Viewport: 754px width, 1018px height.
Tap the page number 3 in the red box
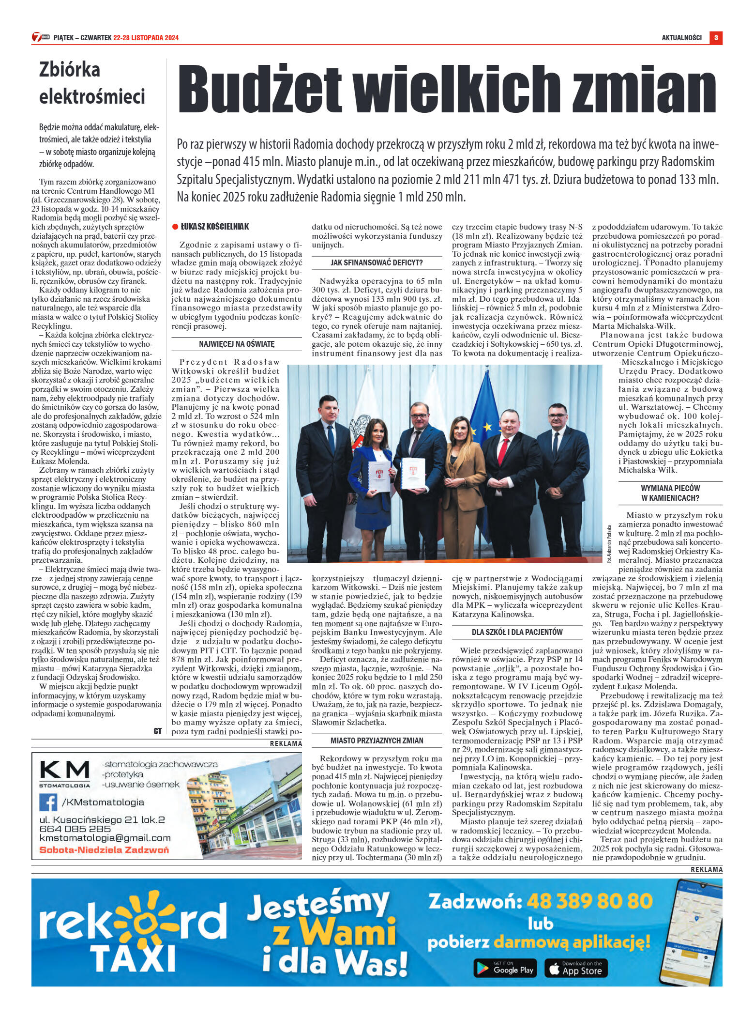click(x=716, y=37)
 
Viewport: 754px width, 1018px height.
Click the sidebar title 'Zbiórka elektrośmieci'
click(x=92, y=83)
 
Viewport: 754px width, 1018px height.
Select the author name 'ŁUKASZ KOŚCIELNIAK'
click(x=215, y=227)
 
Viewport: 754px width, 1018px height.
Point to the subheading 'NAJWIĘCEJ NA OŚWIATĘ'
click(x=237, y=344)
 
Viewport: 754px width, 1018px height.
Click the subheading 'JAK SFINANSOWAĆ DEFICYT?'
click(x=377, y=262)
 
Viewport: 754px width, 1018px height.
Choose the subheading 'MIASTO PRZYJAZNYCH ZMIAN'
click(x=377, y=740)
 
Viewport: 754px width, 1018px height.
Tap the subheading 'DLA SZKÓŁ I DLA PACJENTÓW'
click(x=517, y=632)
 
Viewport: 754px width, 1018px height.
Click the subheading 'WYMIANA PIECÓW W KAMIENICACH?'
click(x=670, y=493)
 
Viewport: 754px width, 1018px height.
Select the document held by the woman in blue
click(x=379, y=477)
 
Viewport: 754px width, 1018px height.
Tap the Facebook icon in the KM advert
click(x=48, y=802)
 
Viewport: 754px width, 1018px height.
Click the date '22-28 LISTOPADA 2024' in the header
click(x=146, y=38)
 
